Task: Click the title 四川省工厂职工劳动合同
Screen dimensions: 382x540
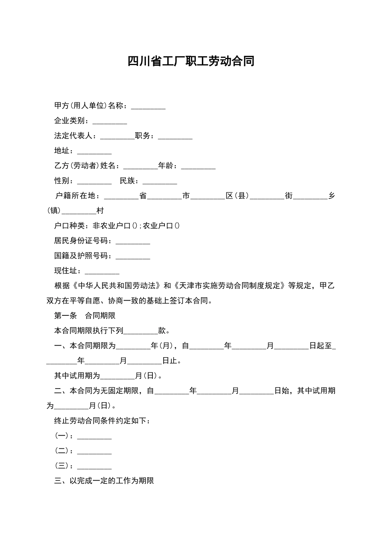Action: pos(191,61)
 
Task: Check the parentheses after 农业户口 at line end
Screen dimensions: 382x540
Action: pos(177,226)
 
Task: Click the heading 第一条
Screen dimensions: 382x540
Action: pos(65,316)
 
